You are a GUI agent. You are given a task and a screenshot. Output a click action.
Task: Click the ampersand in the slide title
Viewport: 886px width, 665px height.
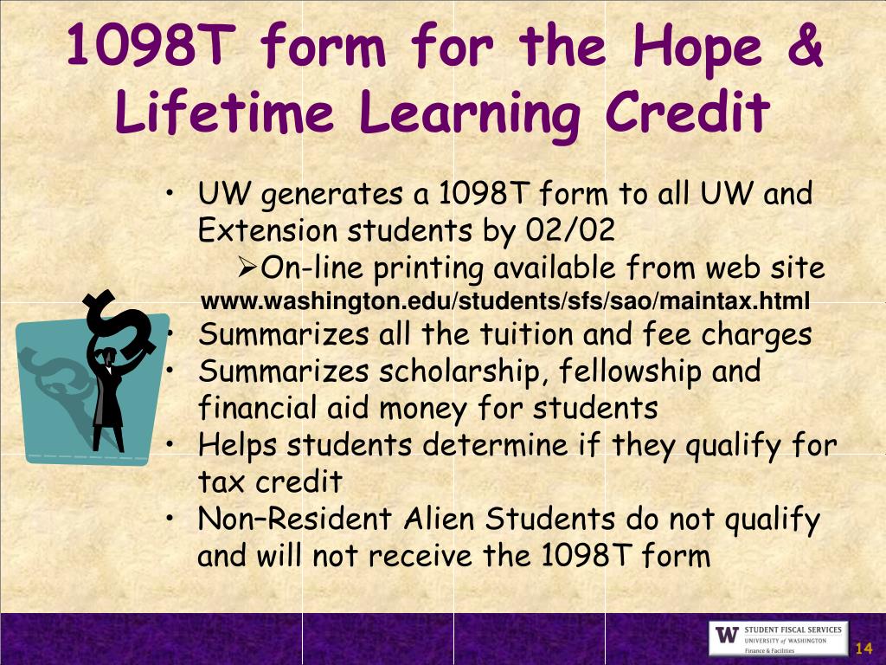point(805,48)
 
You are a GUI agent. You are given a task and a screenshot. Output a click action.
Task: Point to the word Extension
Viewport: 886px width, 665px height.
point(268,231)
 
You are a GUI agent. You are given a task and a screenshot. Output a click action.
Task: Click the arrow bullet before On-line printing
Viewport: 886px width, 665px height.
point(246,268)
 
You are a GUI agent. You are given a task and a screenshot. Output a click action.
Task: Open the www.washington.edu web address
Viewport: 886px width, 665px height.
point(506,302)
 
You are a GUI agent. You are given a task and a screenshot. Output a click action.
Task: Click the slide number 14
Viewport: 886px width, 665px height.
point(863,649)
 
